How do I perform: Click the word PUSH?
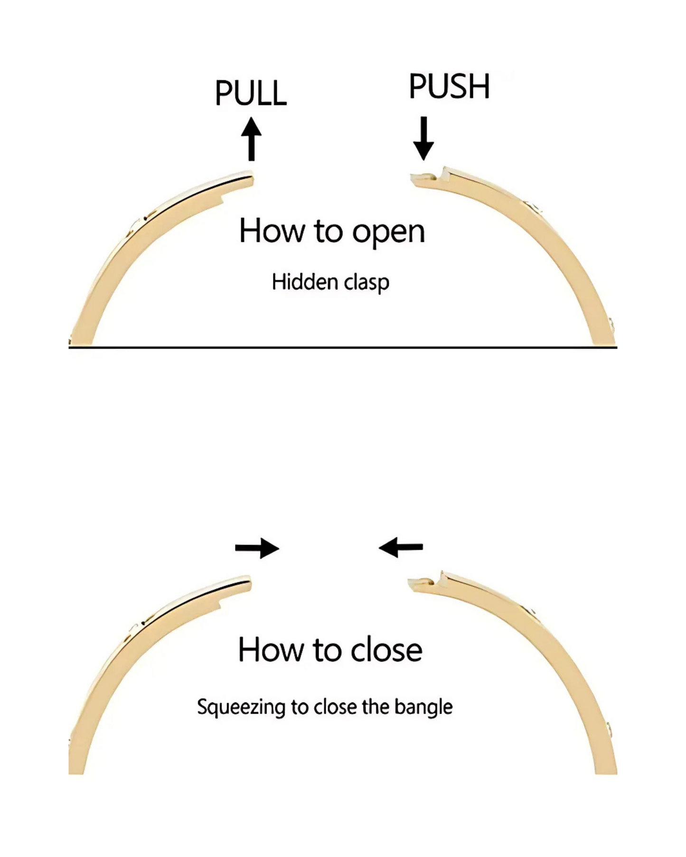pyautogui.click(x=449, y=86)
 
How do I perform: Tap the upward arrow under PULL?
pyautogui.click(x=252, y=140)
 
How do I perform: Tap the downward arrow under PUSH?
pyautogui.click(x=423, y=139)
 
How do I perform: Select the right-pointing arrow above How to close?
pyautogui.click(x=257, y=549)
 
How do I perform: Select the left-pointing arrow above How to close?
pyautogui.click(x=401, y=548)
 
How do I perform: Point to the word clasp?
pyautogui.click(x=366, y=283)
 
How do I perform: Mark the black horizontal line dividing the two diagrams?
pyautogui.click(x=343, y=347)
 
